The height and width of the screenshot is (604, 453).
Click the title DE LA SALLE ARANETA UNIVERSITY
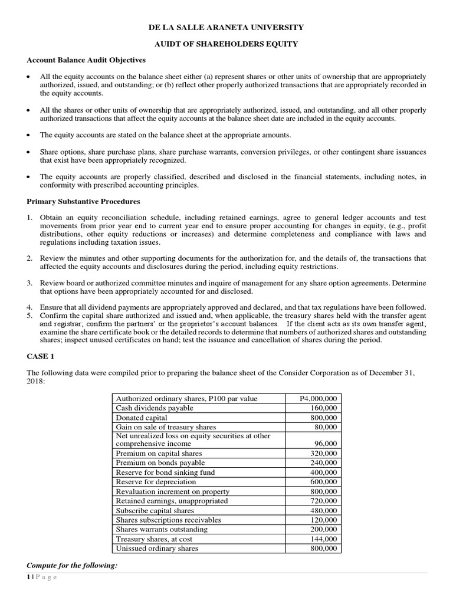coord(226,27)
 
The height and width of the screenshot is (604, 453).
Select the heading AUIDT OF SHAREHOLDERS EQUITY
coord(226,44)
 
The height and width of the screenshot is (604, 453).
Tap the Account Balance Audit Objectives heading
coord(87,60)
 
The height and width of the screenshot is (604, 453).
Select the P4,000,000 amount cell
coord(319,399)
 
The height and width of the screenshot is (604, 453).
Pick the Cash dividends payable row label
coord(154,408)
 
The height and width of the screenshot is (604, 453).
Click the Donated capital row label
coord(142,418)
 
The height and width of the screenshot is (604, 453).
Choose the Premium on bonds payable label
coord(157,463)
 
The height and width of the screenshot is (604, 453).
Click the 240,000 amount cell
coord(323,463)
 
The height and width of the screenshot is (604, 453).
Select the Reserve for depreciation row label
coord(156,482)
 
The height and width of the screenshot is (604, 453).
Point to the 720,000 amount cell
coord(323,501)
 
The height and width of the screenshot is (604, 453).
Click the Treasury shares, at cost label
coord(154,539)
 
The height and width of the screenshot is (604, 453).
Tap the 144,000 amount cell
coord(323,539)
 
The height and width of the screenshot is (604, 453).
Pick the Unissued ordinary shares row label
coord(157,548)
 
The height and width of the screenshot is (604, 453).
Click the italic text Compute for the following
coord(72,566)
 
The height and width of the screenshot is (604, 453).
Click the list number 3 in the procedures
coord(29,283)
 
